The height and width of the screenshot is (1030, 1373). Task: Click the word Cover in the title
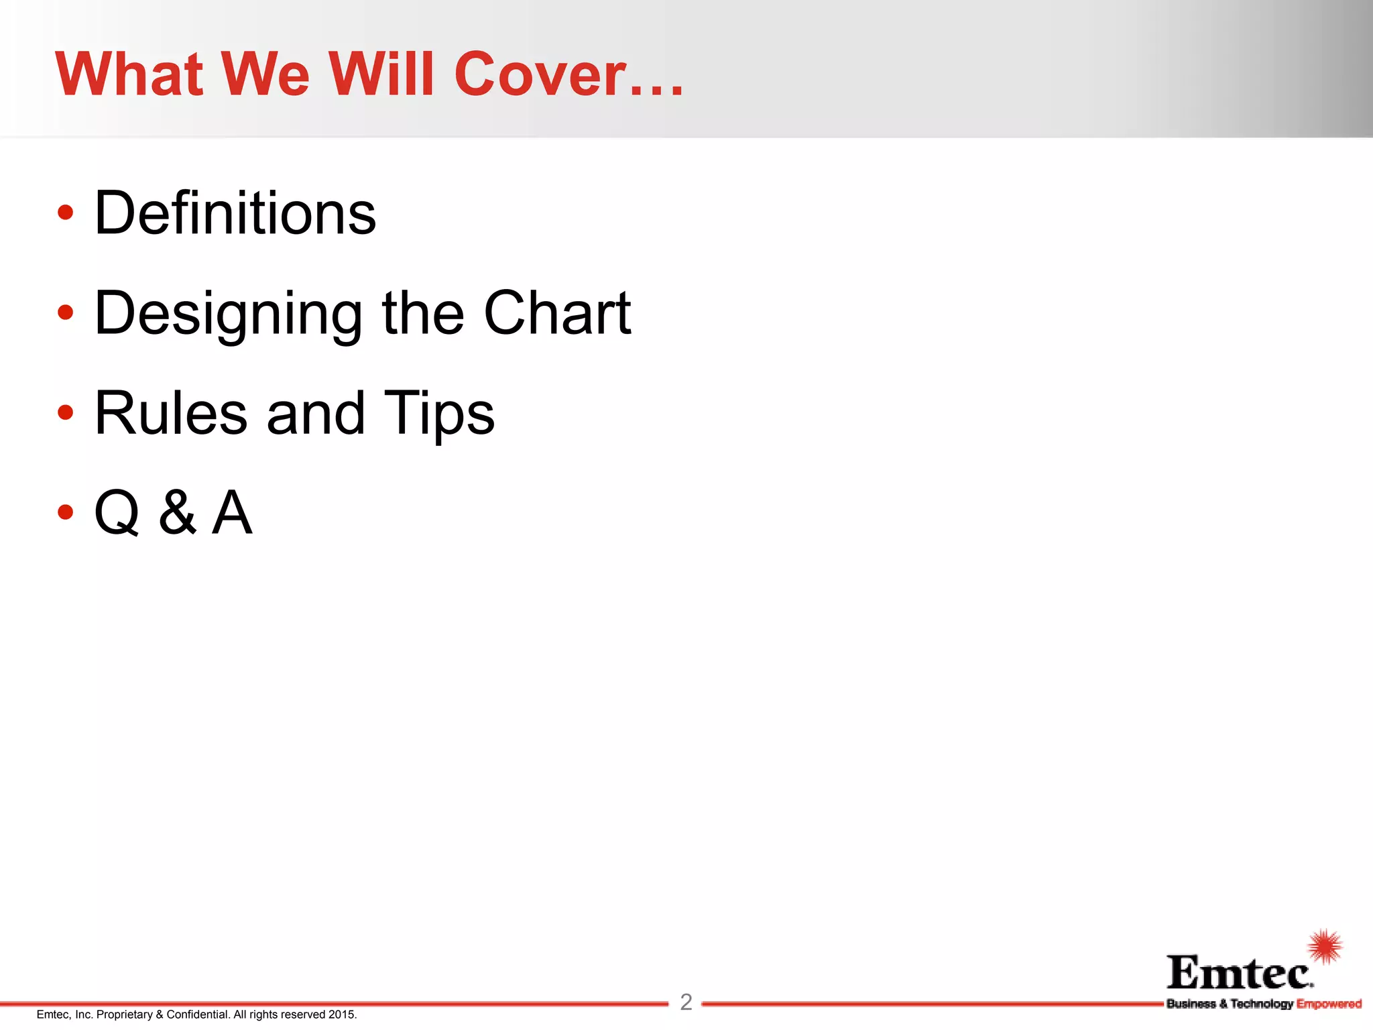[x=540, y=74]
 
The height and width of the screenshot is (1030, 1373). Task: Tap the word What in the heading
[x=129, y=74]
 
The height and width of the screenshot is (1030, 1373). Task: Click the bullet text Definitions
[x=235, y=213]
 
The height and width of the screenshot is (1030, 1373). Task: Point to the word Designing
[x=229, y=314]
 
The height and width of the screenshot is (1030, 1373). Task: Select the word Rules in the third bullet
[x=171, y=413]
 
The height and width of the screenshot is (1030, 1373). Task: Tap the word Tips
[x=439, y=414]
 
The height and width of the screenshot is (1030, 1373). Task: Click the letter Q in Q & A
[x=117, y=513]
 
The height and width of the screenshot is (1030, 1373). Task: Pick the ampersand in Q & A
[x=178, y=513]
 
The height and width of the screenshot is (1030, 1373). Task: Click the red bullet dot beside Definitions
[x=65, y=213]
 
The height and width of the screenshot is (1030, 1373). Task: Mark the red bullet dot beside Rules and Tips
[x=65, y=412]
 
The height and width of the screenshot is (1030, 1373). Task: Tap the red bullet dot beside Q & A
[x=65, y=512]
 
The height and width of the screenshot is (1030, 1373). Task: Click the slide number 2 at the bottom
[x=686, y=1002]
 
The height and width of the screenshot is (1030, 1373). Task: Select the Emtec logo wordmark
[x=1240, y=973]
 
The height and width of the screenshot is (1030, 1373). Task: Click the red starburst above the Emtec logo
[x=1325, y=947]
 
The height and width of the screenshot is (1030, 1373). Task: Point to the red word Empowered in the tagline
[x=1329, y=1004]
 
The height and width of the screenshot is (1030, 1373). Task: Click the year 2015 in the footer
[x=342, y=1015]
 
